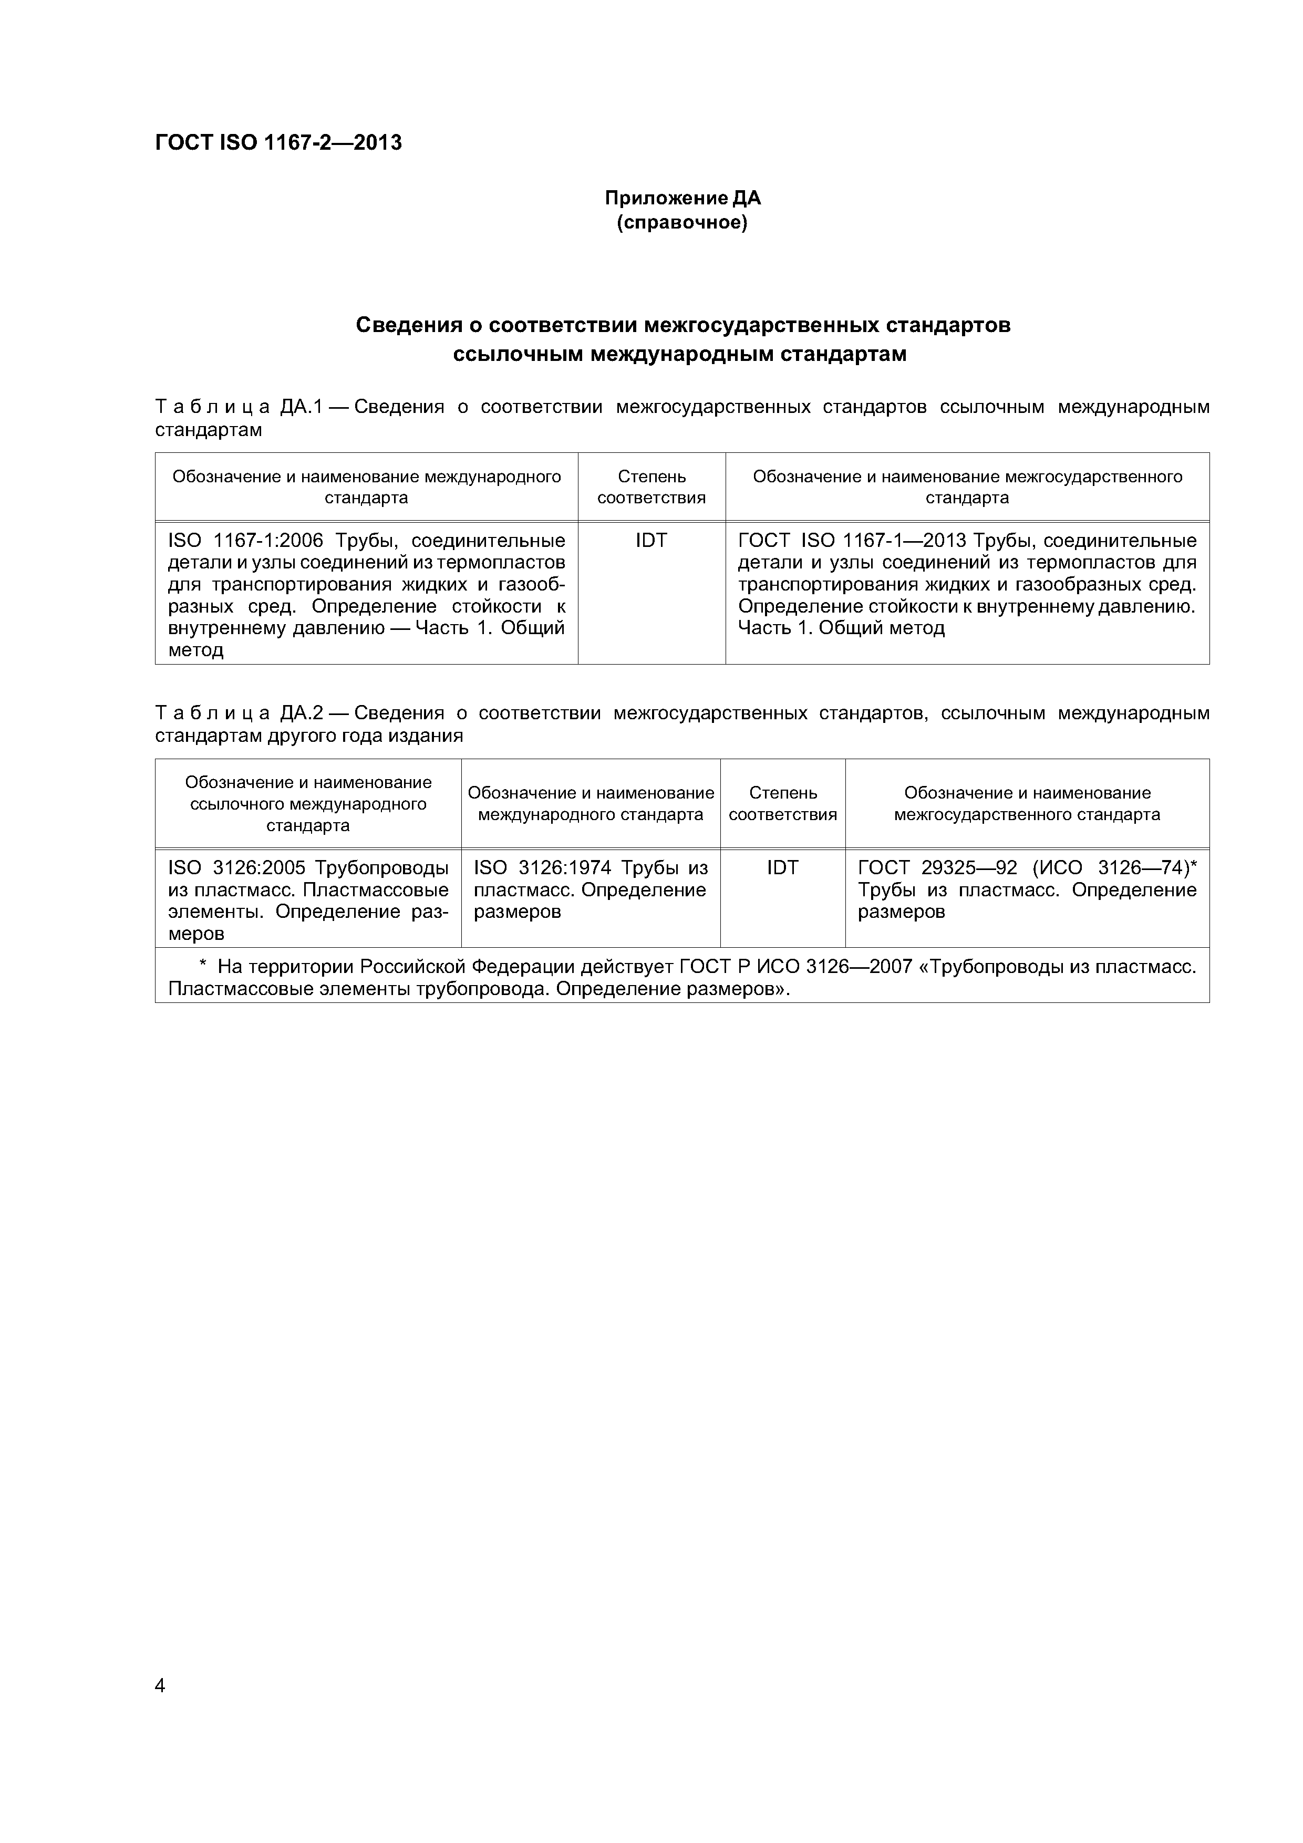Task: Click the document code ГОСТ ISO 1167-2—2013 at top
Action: tap(278, 143)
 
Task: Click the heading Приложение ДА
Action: tap(682, 198)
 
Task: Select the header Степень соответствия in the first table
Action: tap(651, 486)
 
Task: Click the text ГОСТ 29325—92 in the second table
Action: tap(937, 868)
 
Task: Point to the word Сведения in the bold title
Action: tap(409, 325)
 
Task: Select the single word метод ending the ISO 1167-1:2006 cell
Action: tap(195, 650)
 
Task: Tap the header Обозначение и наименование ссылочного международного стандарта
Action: tap(308, 803)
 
